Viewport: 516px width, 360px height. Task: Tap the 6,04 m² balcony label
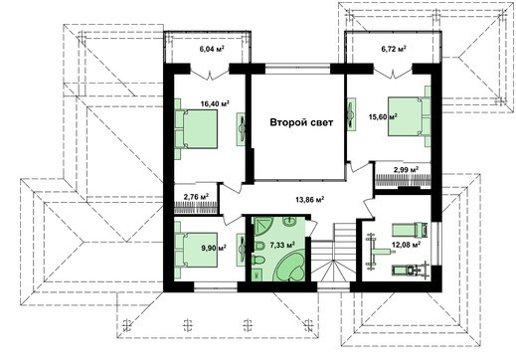tap(211, 48)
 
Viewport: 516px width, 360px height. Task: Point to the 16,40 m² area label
tap(214, 101)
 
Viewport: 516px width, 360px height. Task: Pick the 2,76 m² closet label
tap(197, 197)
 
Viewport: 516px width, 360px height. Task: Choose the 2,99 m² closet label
tap(404, 171)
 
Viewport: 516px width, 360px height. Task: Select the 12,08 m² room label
tap(404, 243)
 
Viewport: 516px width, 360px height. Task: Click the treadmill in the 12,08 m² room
tap(407, 268)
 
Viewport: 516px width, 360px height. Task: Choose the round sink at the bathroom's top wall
tap(266, 225)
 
